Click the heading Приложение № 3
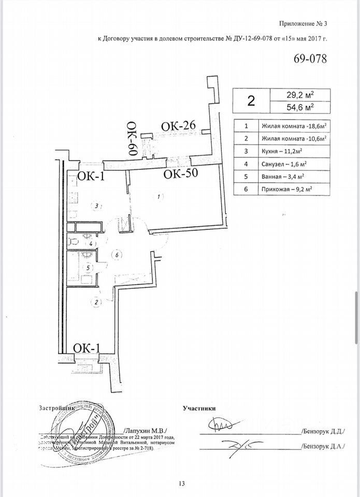[x=304, y=23]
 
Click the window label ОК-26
[x=178, y=126]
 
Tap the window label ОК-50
[x=181, y=174]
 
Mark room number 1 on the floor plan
[x=159, y=196]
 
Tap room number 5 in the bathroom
[x=89, y=268]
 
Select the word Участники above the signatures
[x=199, y=408]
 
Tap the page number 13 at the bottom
[x=181, y=484]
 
